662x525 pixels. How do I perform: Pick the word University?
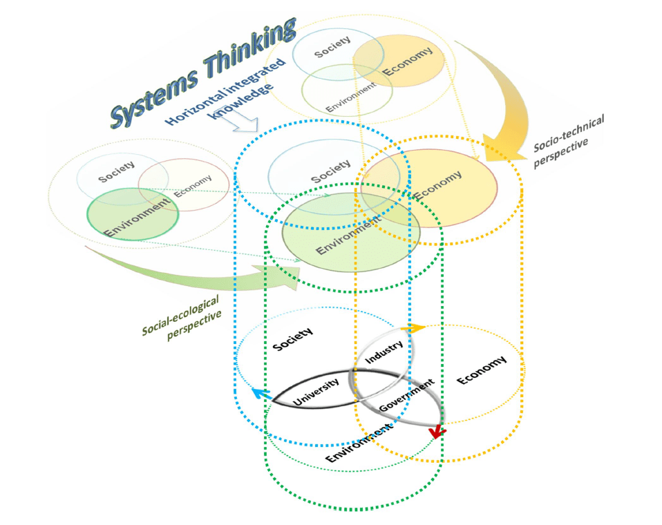click(316, 391)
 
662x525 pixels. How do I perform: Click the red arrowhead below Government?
click(436, 432)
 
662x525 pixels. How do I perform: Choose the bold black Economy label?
click(481, 369)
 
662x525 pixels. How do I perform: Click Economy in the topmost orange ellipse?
click(408, 61)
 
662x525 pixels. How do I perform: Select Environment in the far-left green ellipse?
click(136, 217)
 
